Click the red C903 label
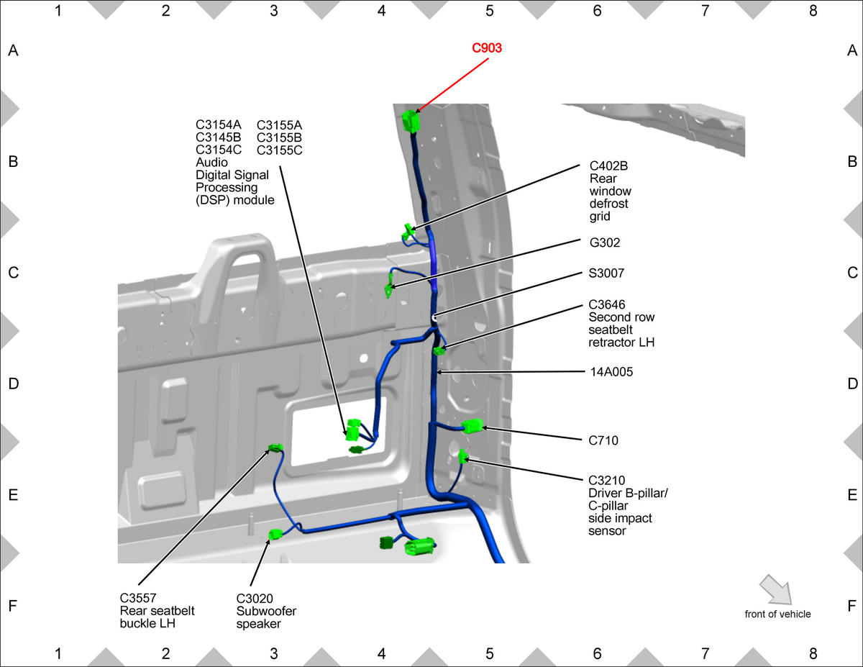coord(486,48)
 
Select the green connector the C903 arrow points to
coord(411,121)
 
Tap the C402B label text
coord(608,165)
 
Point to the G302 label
coord(604,242)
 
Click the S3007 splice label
coord(606,273)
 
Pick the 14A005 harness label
coord(611,372)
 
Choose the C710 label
coord(603,440)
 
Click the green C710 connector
coord(472,426)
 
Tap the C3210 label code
coord(606,481)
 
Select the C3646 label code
coord(606,304)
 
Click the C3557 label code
coord(138,598)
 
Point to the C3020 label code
coord(254,598)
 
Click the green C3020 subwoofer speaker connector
coord(275,535)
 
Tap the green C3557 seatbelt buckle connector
coord(275,448)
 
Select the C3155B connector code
coord(279,138)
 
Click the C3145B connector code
coord(218,137)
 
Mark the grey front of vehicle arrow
coord(776,589)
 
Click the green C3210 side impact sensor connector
coord(462,456)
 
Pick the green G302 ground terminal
coord(388,290)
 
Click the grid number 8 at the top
coord(813,11)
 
